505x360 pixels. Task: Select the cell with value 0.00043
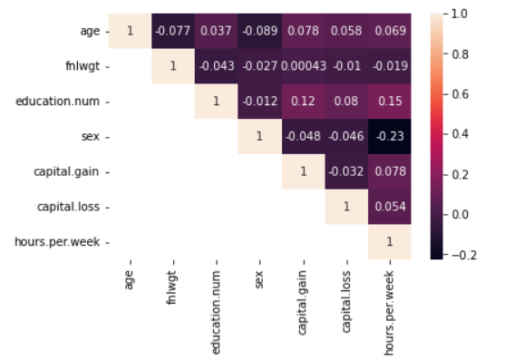[303, 67]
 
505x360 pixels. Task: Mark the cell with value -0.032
[346, 171]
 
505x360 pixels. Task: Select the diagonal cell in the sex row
[259, 137]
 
